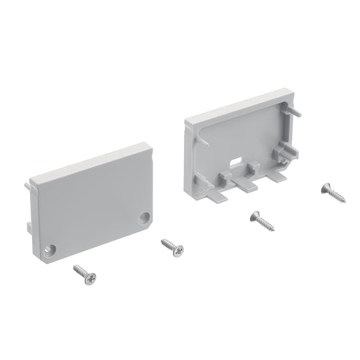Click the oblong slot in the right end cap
236,162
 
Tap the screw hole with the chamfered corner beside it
145,218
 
